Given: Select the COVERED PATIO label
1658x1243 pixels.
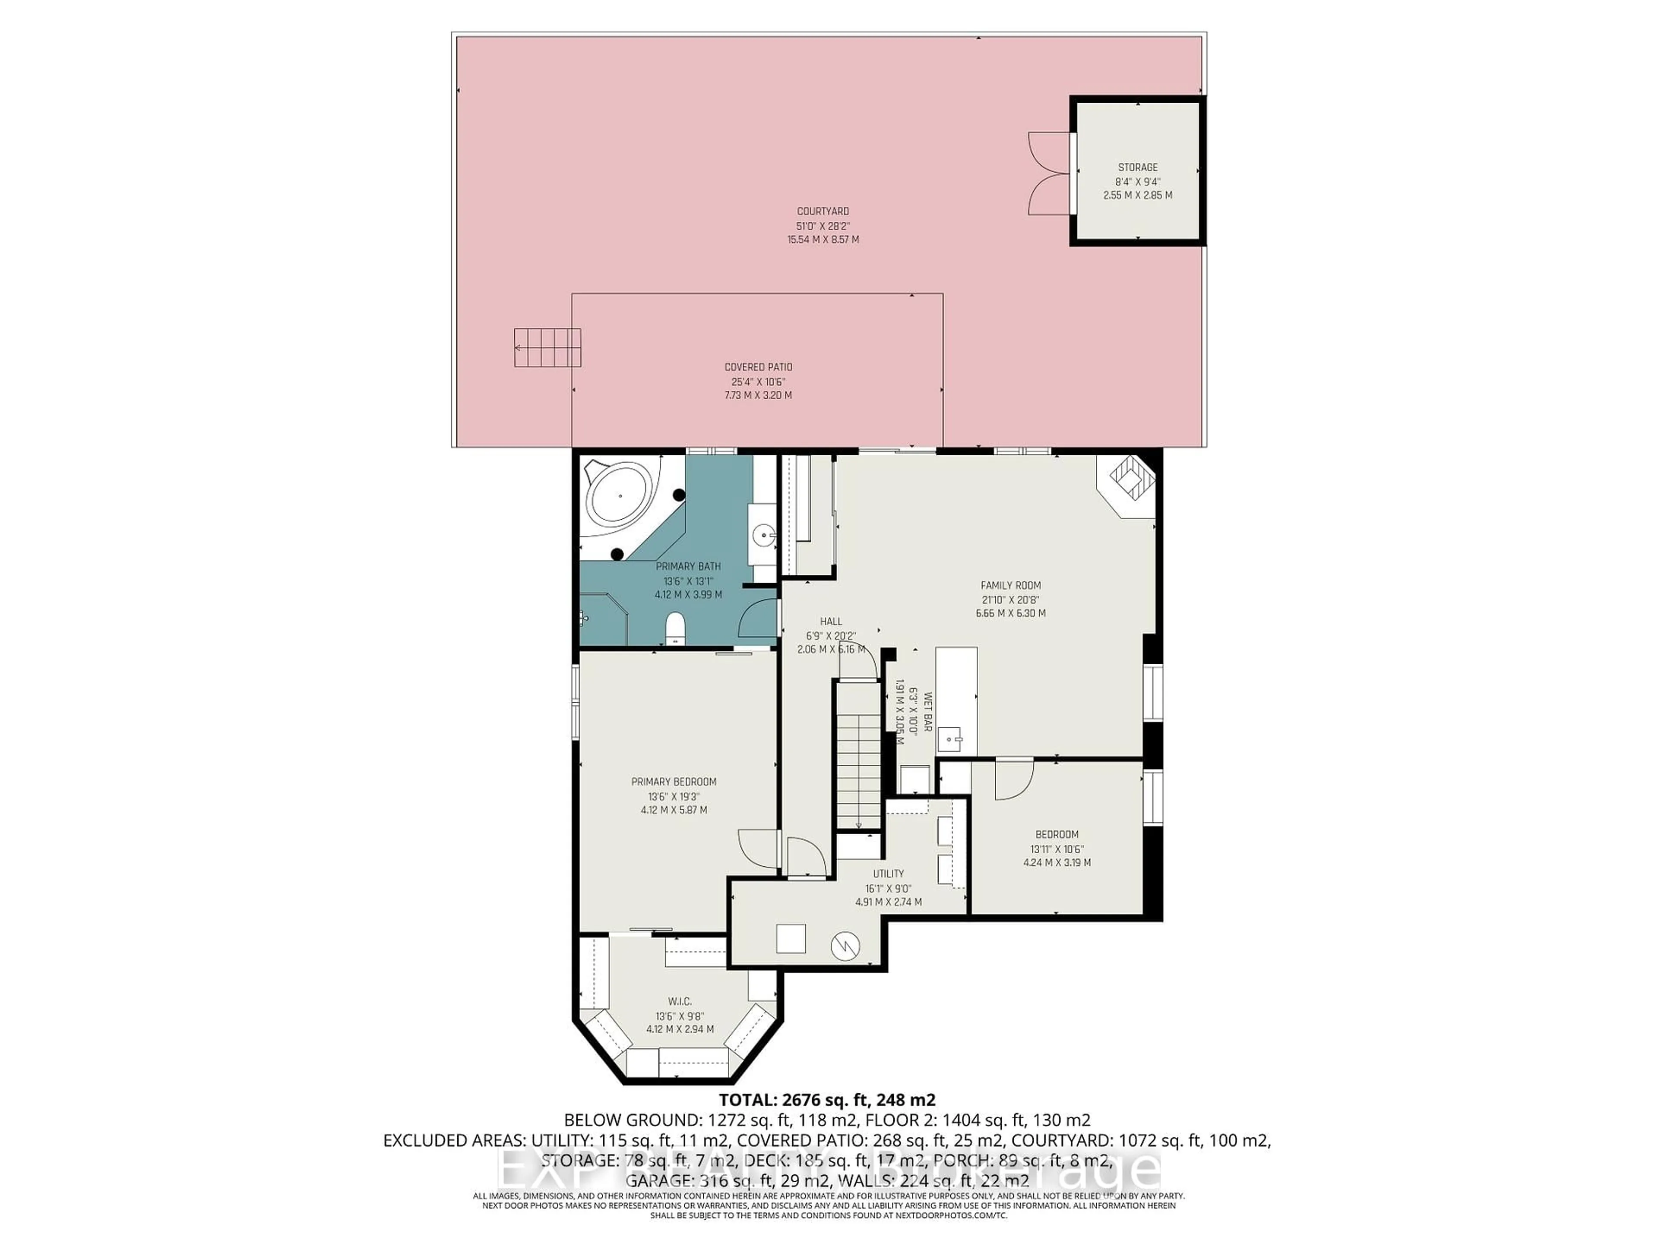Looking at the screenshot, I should [758, 367].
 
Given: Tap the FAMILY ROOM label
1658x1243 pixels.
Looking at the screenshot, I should [1010, 585].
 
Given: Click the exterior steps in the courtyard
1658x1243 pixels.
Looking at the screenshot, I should [547, 347].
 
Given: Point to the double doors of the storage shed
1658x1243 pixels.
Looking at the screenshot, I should [1049, 174].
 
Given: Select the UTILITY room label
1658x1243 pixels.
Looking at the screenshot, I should [888, 874].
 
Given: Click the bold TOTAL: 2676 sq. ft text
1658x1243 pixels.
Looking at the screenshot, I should [827, 1100].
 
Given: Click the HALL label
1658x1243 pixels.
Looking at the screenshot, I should [830, 621].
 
